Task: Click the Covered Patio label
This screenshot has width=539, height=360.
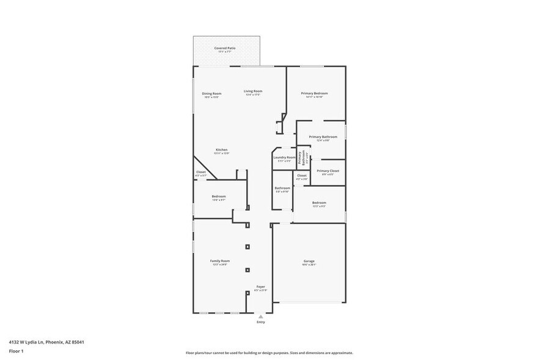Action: coord(224,48)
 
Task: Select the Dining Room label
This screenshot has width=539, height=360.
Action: coord(211,94)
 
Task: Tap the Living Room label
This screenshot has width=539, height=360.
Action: coord(253,91)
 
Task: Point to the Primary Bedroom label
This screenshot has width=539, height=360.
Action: coord(315,94)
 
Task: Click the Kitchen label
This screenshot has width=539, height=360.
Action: coord(221,150)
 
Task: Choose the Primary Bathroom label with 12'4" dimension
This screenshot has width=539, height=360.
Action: coord(323,137)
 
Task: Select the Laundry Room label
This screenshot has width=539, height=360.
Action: coord(284,158)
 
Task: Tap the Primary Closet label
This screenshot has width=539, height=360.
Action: coord(328,171)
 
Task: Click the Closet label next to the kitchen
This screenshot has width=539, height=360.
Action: coord(201,173)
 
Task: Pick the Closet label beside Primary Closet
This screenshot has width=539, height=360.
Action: coord(302,176)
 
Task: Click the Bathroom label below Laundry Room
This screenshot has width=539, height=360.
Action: coord(282,189)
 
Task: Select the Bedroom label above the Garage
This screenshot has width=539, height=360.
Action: coord(319,203)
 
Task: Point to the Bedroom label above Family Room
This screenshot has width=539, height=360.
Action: coord(219,197)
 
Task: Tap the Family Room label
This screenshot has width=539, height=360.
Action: coord(220,261)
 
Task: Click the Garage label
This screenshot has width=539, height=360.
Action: coord(309,261)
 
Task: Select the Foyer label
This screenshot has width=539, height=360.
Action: coord(261,287)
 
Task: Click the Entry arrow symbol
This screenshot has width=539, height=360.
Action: coord(261,317)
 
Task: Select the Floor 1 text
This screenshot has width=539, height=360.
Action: coord(16,351)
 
